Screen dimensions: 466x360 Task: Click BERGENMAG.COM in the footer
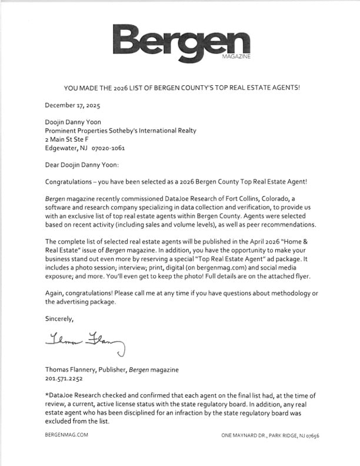[66, 435]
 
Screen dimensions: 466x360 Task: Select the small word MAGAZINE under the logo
[237, 57]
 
